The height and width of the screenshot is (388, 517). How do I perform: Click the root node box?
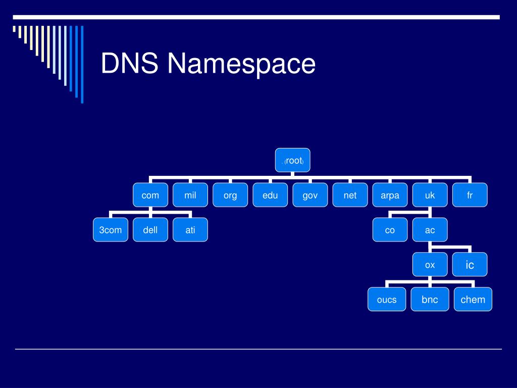293,160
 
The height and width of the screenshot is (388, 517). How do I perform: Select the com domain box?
150,195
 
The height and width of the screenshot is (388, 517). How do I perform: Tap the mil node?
190,195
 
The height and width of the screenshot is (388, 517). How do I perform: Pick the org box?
230,195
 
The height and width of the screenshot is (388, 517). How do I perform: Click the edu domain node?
270,195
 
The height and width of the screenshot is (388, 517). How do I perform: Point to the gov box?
310,195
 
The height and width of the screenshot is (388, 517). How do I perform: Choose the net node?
350,195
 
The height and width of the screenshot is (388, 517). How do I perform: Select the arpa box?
390,195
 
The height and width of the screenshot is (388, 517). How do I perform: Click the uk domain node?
430,195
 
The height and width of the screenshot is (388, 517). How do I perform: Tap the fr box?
470,195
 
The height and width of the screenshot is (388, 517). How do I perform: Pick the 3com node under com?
111,230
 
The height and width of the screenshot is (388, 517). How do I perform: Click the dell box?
150,230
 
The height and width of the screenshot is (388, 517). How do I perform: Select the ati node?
190,230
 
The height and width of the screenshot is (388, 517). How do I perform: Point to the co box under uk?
390,230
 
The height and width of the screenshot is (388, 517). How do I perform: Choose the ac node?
430,230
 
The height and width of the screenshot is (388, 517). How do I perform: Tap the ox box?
430,265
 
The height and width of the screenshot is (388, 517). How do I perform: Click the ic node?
470,265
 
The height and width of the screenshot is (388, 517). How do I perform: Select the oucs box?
387,300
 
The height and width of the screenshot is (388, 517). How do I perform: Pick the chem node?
473,300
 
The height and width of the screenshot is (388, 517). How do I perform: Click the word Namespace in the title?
241,64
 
